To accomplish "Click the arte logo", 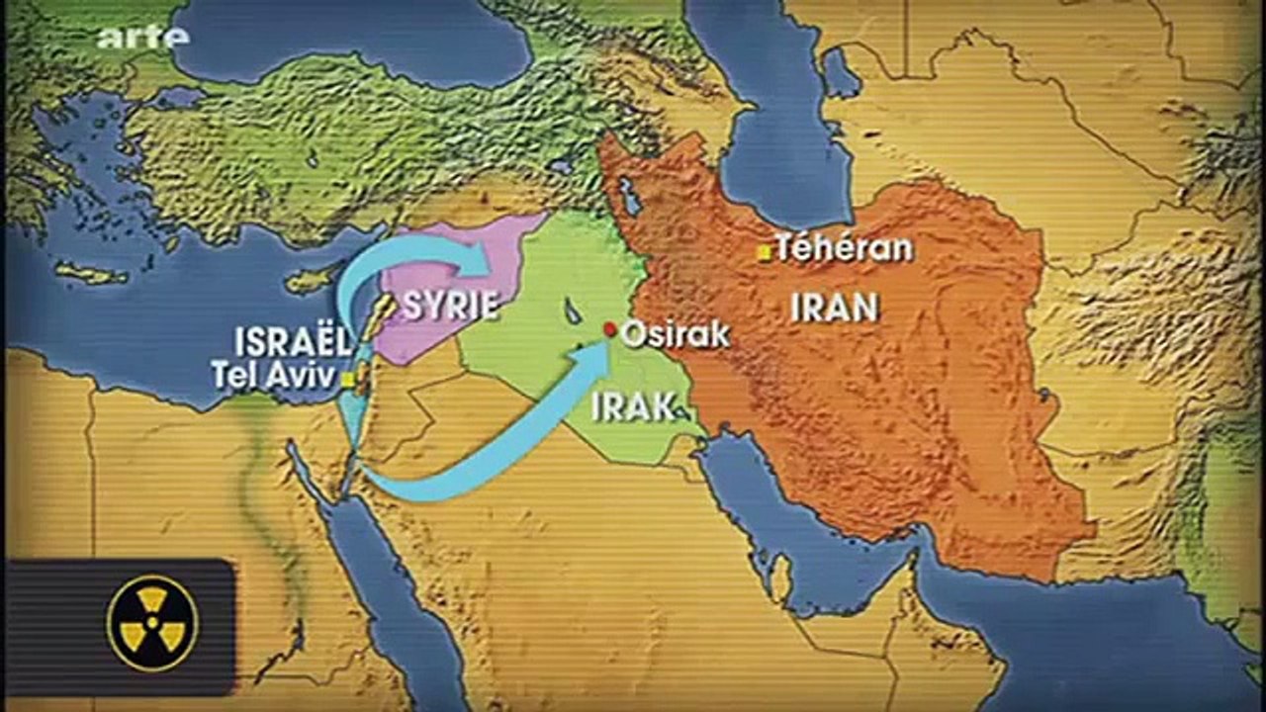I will point(142,37).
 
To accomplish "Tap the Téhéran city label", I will point(844,247).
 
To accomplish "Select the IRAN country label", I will point(835,308).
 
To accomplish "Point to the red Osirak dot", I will point(610,329).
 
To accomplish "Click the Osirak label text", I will point(677,334).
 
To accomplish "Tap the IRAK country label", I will point(633,404).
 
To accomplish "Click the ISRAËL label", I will point(293,342).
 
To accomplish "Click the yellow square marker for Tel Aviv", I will point(348,380).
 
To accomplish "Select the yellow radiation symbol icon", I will point(152,624).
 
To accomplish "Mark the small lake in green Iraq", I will point(573,311).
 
